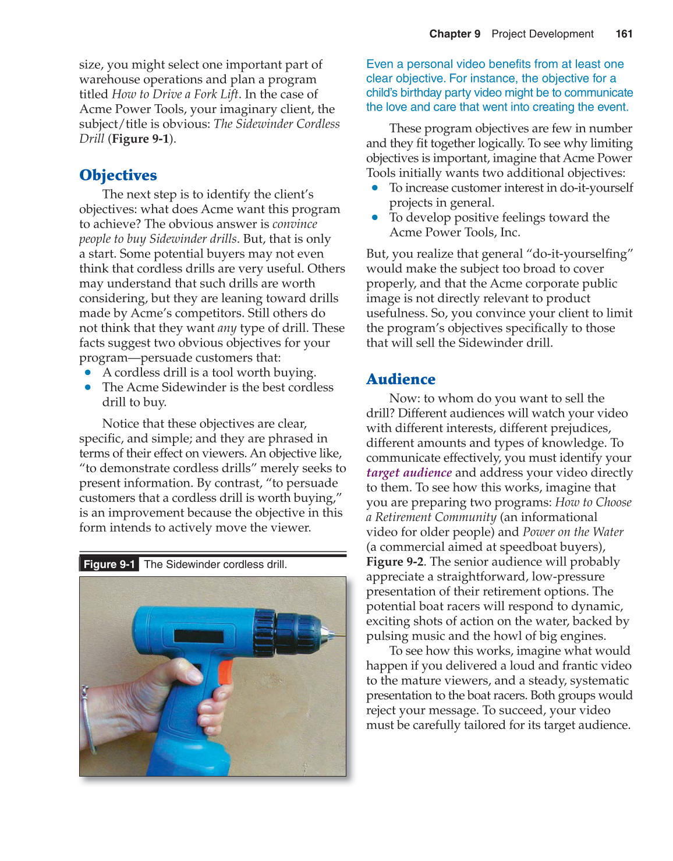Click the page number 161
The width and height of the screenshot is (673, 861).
point(624,34)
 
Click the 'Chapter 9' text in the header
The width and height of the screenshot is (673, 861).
point(455,34)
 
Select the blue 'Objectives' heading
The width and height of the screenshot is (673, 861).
point(118,175)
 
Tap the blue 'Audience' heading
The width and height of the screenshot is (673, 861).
point(401,379)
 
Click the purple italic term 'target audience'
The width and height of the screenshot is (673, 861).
point(409,473)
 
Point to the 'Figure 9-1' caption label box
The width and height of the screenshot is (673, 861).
point(109,564)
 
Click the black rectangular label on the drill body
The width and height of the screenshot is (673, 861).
point(198,635)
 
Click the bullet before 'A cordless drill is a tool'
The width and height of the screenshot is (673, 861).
point(88,373)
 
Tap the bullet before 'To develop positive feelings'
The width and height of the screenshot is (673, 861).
point(375,218)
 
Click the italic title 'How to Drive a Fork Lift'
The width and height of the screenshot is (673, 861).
point(175,94)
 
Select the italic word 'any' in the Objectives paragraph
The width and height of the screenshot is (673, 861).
point(226,328)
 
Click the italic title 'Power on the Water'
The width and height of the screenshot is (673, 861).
point(573,532)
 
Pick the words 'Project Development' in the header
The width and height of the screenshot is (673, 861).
point(542,34)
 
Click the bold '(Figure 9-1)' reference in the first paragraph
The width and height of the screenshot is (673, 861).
point(141,139)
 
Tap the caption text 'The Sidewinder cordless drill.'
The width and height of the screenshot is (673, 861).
point(215,564)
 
